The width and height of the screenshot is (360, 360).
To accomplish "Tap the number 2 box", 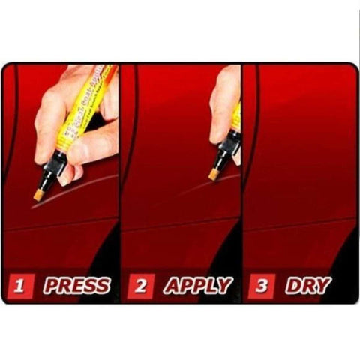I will point(140,286).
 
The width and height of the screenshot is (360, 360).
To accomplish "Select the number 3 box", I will point(260,286).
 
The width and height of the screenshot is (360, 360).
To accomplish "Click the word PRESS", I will point(76,286).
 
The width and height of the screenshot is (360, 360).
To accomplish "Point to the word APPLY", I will point(196,286).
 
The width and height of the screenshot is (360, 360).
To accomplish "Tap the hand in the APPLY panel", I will point(224,97).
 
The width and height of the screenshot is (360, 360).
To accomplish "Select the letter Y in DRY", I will point(323,286).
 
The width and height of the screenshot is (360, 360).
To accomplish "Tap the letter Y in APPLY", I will point(223,286).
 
